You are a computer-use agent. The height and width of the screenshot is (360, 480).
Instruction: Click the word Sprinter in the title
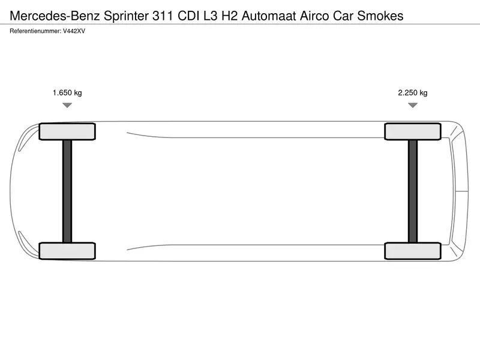126,16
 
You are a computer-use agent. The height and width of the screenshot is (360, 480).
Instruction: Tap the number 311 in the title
163,16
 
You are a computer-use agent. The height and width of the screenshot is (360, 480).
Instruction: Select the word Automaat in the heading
269,16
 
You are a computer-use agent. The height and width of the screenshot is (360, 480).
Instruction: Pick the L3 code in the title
211,16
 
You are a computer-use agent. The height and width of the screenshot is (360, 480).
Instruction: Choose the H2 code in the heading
229,16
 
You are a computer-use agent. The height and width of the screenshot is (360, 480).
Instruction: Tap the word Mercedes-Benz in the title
55,16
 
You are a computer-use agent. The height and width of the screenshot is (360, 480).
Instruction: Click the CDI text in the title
188,16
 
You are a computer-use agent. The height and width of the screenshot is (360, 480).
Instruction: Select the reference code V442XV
74,31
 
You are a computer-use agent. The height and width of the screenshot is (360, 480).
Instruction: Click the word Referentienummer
35,31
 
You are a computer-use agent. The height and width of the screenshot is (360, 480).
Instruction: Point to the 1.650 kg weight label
67,93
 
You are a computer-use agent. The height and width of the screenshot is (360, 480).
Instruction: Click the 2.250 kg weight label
413,93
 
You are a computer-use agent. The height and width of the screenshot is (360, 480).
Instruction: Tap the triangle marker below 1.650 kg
67,105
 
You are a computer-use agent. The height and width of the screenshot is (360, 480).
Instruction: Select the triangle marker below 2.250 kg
413,105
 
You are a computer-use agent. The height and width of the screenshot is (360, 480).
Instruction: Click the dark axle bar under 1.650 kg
67,191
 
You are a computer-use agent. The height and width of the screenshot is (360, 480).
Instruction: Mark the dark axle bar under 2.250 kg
413,191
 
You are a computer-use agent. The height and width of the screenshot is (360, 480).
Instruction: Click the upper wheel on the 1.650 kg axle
67,131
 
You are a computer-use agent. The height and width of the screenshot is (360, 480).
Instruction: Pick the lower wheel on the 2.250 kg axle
413,251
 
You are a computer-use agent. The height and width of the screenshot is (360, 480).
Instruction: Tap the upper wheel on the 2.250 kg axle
413,131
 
